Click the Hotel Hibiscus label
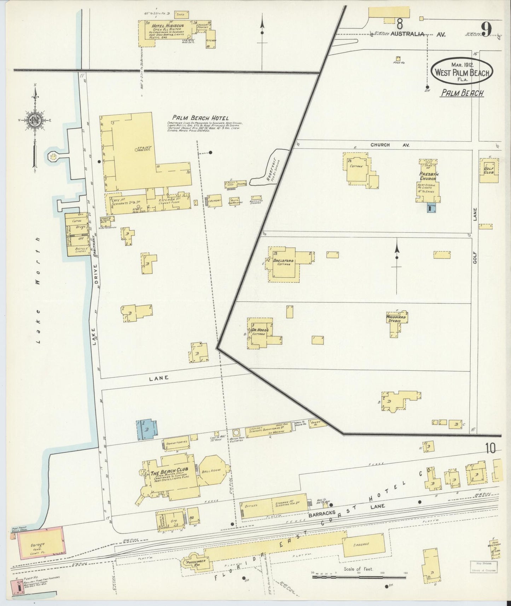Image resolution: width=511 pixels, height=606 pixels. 164,26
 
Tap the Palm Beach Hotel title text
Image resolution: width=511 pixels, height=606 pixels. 201,118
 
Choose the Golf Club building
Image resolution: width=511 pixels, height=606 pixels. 489,170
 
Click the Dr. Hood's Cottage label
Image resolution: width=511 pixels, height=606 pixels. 260,332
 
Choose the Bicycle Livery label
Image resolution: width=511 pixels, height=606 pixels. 78,250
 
